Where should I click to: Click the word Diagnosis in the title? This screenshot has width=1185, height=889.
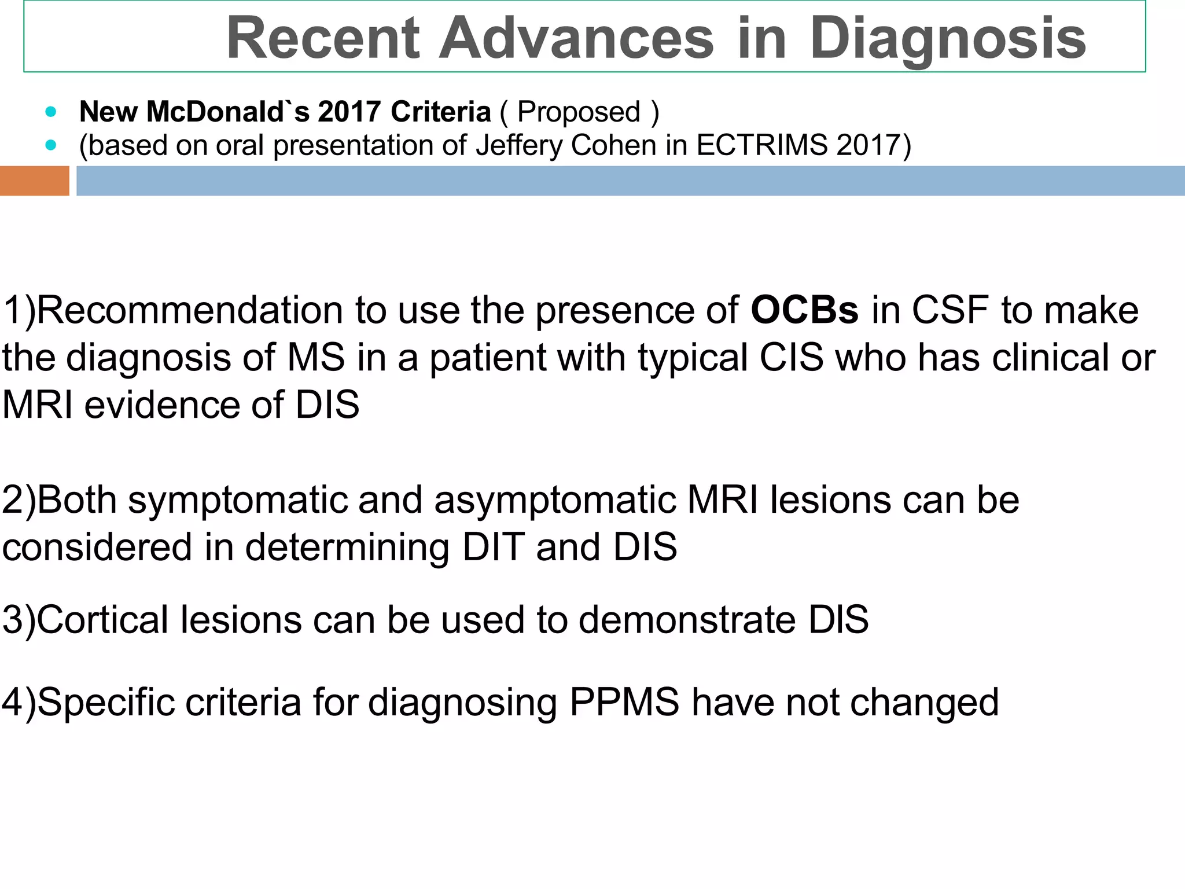(x=947, y=39)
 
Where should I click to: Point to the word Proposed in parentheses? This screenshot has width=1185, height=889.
(x=579, y=112)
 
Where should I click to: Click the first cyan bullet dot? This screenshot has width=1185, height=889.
(x=51, y=112)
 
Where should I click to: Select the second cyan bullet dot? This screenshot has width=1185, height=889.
(x=51, y=145)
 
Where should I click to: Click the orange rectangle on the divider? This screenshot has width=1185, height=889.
(x=34, y=181)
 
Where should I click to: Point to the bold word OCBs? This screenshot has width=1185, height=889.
(x=804, y=310)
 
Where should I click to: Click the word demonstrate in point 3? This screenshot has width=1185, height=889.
(x=687, y=620)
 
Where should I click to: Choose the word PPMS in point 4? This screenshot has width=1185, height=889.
(x=624, y=702)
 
